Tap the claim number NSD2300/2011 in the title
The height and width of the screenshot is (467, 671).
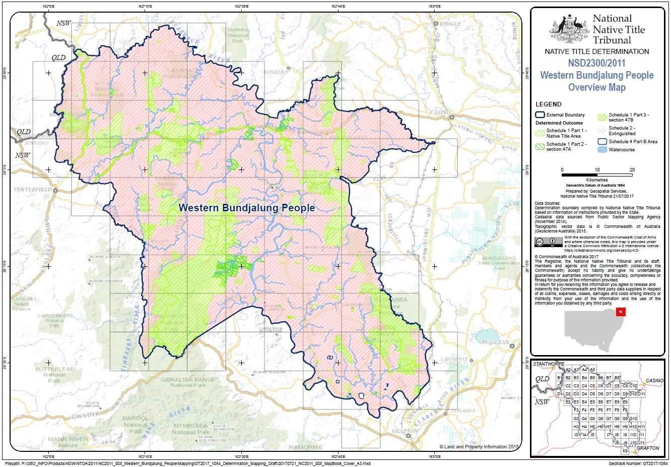click(596, 64)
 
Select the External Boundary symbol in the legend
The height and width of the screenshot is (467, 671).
click(540, 115)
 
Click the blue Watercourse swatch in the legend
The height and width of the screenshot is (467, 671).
click(601, 150)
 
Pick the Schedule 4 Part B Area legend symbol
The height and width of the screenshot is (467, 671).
click(601, 142)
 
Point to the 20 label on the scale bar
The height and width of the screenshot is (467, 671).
click(632, 169)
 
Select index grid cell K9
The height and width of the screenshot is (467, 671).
click(625, 451)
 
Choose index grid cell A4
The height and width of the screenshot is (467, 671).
click(584, 370)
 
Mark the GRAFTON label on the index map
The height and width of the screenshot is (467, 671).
click(647, 448)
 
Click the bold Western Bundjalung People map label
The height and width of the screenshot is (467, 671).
click(247, 208)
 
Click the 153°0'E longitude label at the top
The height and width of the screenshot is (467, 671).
click(434, 6)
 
